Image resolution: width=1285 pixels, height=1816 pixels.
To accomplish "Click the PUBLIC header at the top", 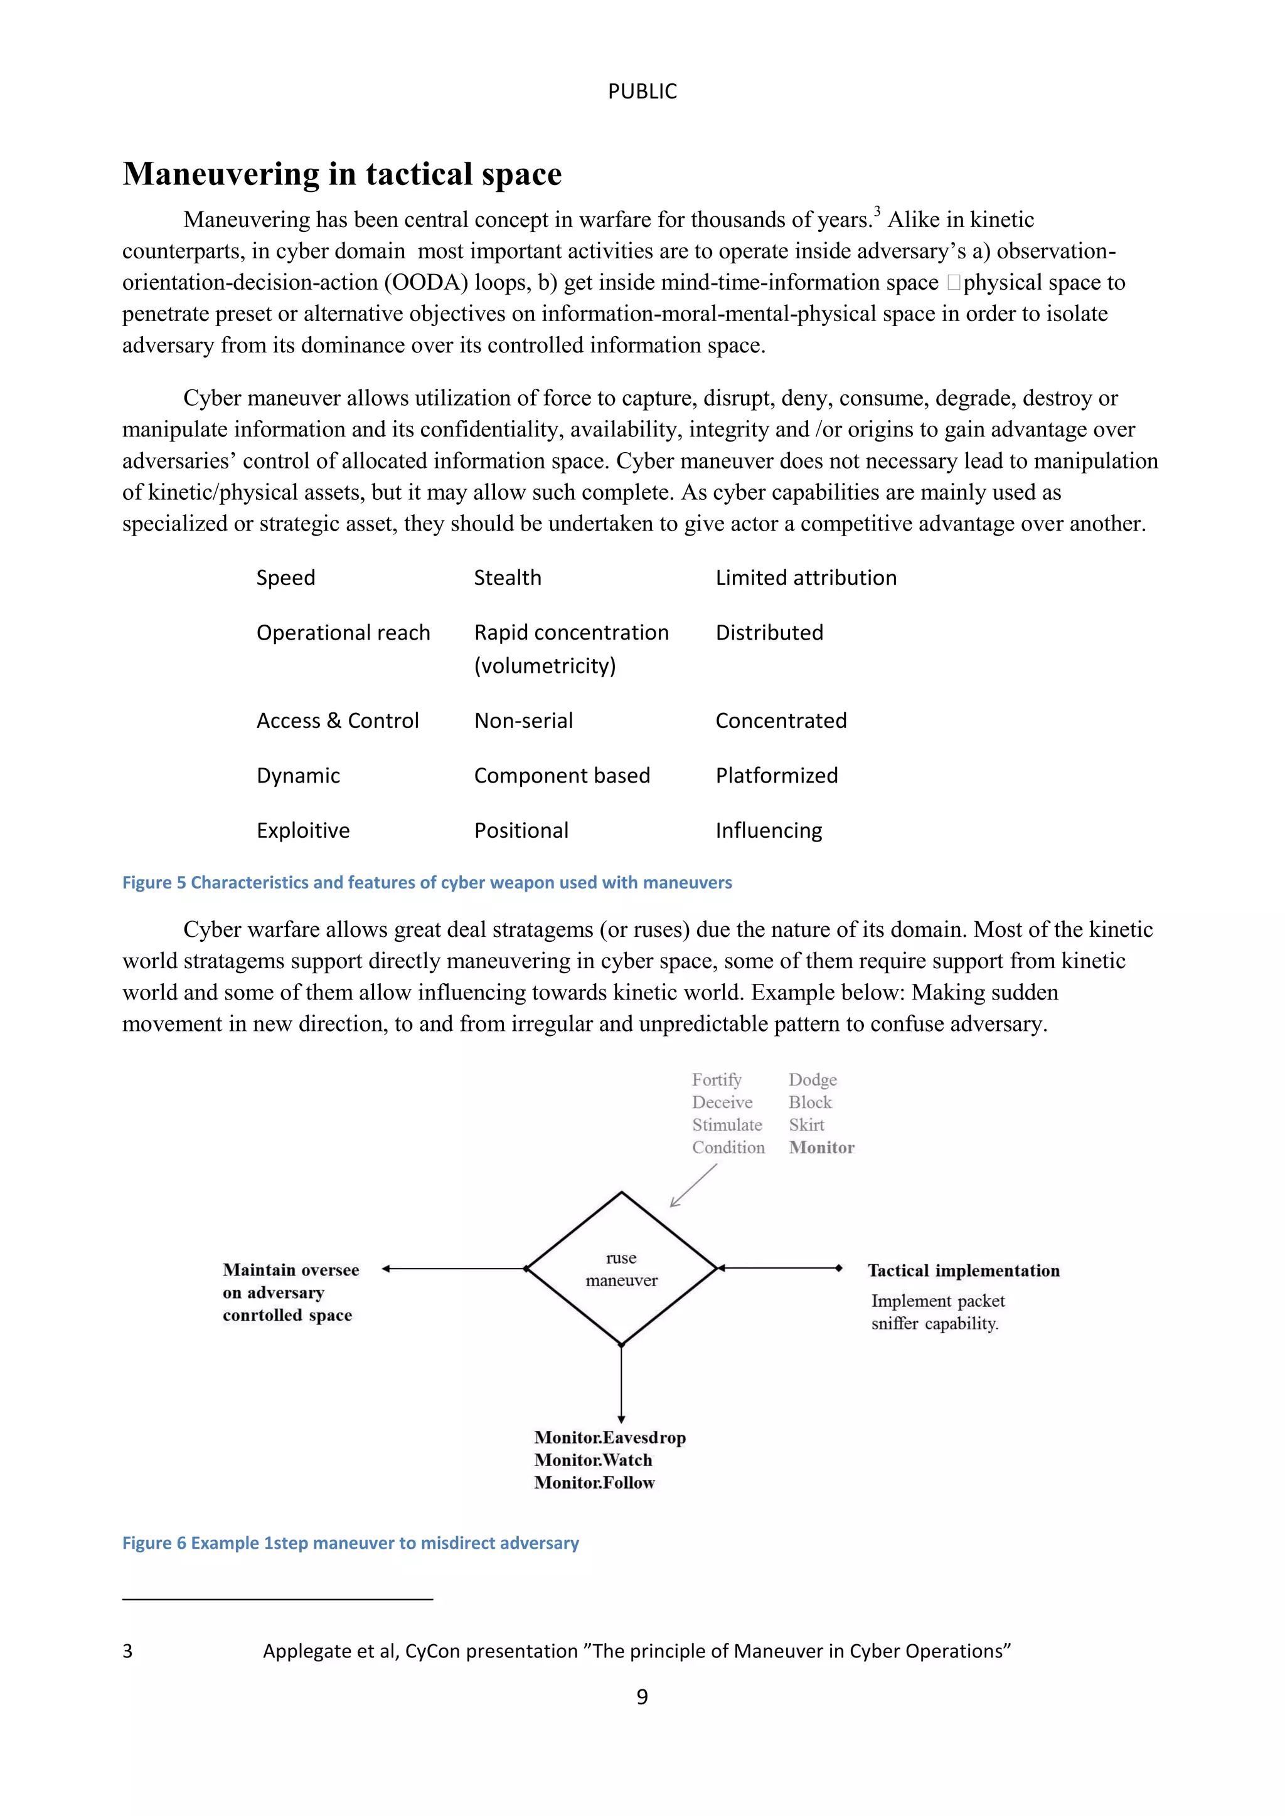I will [642, 92].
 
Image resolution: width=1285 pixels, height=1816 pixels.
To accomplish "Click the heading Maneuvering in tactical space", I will [342, 174].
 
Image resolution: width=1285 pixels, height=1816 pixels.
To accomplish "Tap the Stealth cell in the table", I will [507, 578].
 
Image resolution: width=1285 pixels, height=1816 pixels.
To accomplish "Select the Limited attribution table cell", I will [806, 578].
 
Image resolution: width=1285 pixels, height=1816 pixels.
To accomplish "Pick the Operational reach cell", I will [343, 633].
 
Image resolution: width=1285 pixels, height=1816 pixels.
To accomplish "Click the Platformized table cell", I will [776, 775].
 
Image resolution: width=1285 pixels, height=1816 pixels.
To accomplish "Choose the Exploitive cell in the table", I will [303, 830].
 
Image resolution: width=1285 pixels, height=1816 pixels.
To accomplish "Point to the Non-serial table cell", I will [523, 721].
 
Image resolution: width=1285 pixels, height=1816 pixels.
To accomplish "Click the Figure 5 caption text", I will [427, 883].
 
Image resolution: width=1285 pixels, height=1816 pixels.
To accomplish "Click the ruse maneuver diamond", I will [621, 1269].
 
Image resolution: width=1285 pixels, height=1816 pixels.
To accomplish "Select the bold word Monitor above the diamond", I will [821, 1148].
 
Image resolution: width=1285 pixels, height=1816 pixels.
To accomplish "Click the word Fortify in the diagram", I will [716, 1080].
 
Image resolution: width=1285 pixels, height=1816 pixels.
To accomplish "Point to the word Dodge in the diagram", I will [812, 1080].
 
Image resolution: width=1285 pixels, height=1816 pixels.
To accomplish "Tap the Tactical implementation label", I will [963, 1271].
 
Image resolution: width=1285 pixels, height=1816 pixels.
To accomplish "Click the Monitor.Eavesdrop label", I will [609, 1438].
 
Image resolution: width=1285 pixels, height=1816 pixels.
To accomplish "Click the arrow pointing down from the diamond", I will [621, 1384].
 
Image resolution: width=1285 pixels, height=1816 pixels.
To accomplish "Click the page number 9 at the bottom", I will [642, 1697].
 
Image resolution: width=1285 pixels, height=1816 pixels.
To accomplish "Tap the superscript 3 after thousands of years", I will [877, 211].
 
